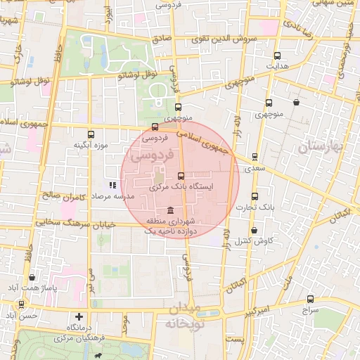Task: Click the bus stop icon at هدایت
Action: click(x=277, y=56)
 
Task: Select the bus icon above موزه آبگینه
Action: click(x=90, y=134)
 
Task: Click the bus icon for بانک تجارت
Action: click(x=254, y=196)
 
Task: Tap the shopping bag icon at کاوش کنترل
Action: click(x=253, y=230)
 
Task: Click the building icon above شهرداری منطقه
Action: click(x=171, y=210)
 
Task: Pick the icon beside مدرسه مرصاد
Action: click(x=112, y=185)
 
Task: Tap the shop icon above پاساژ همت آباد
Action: click(x=32, y=277)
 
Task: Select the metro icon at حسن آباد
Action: click(x=22, y=304)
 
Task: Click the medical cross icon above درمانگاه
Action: click(x=79, y=317)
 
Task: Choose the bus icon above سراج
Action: click(x=311, y=298)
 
